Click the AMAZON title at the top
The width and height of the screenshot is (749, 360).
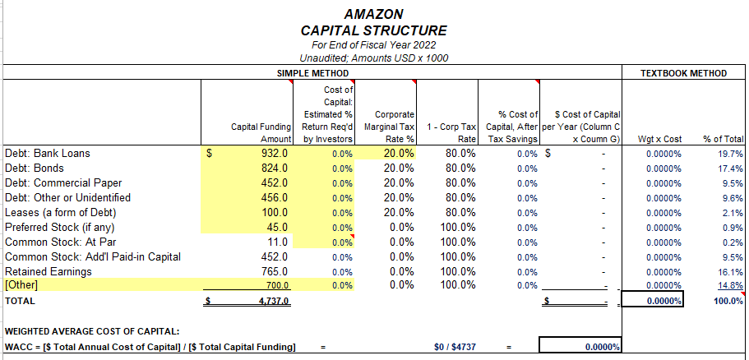pos(374,15)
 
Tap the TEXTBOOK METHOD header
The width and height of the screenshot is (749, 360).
pos(683,73)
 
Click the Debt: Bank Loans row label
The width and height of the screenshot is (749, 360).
pos(48,153)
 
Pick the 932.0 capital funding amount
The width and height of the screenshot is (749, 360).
pos(272,153)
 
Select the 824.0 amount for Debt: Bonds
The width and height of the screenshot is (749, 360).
pos(272,168)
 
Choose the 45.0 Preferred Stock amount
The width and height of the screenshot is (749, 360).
pos(275,227)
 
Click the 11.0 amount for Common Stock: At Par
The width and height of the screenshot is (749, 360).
pos(275,242)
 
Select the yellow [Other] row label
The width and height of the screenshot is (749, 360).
pos(23,285)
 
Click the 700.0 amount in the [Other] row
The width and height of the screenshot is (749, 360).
pos(275,285)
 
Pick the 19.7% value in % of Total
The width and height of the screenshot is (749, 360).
pos(730,153)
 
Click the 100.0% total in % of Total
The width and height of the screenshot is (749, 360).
pos(728,302)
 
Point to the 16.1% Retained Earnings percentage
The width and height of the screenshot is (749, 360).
pos(730,271)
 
